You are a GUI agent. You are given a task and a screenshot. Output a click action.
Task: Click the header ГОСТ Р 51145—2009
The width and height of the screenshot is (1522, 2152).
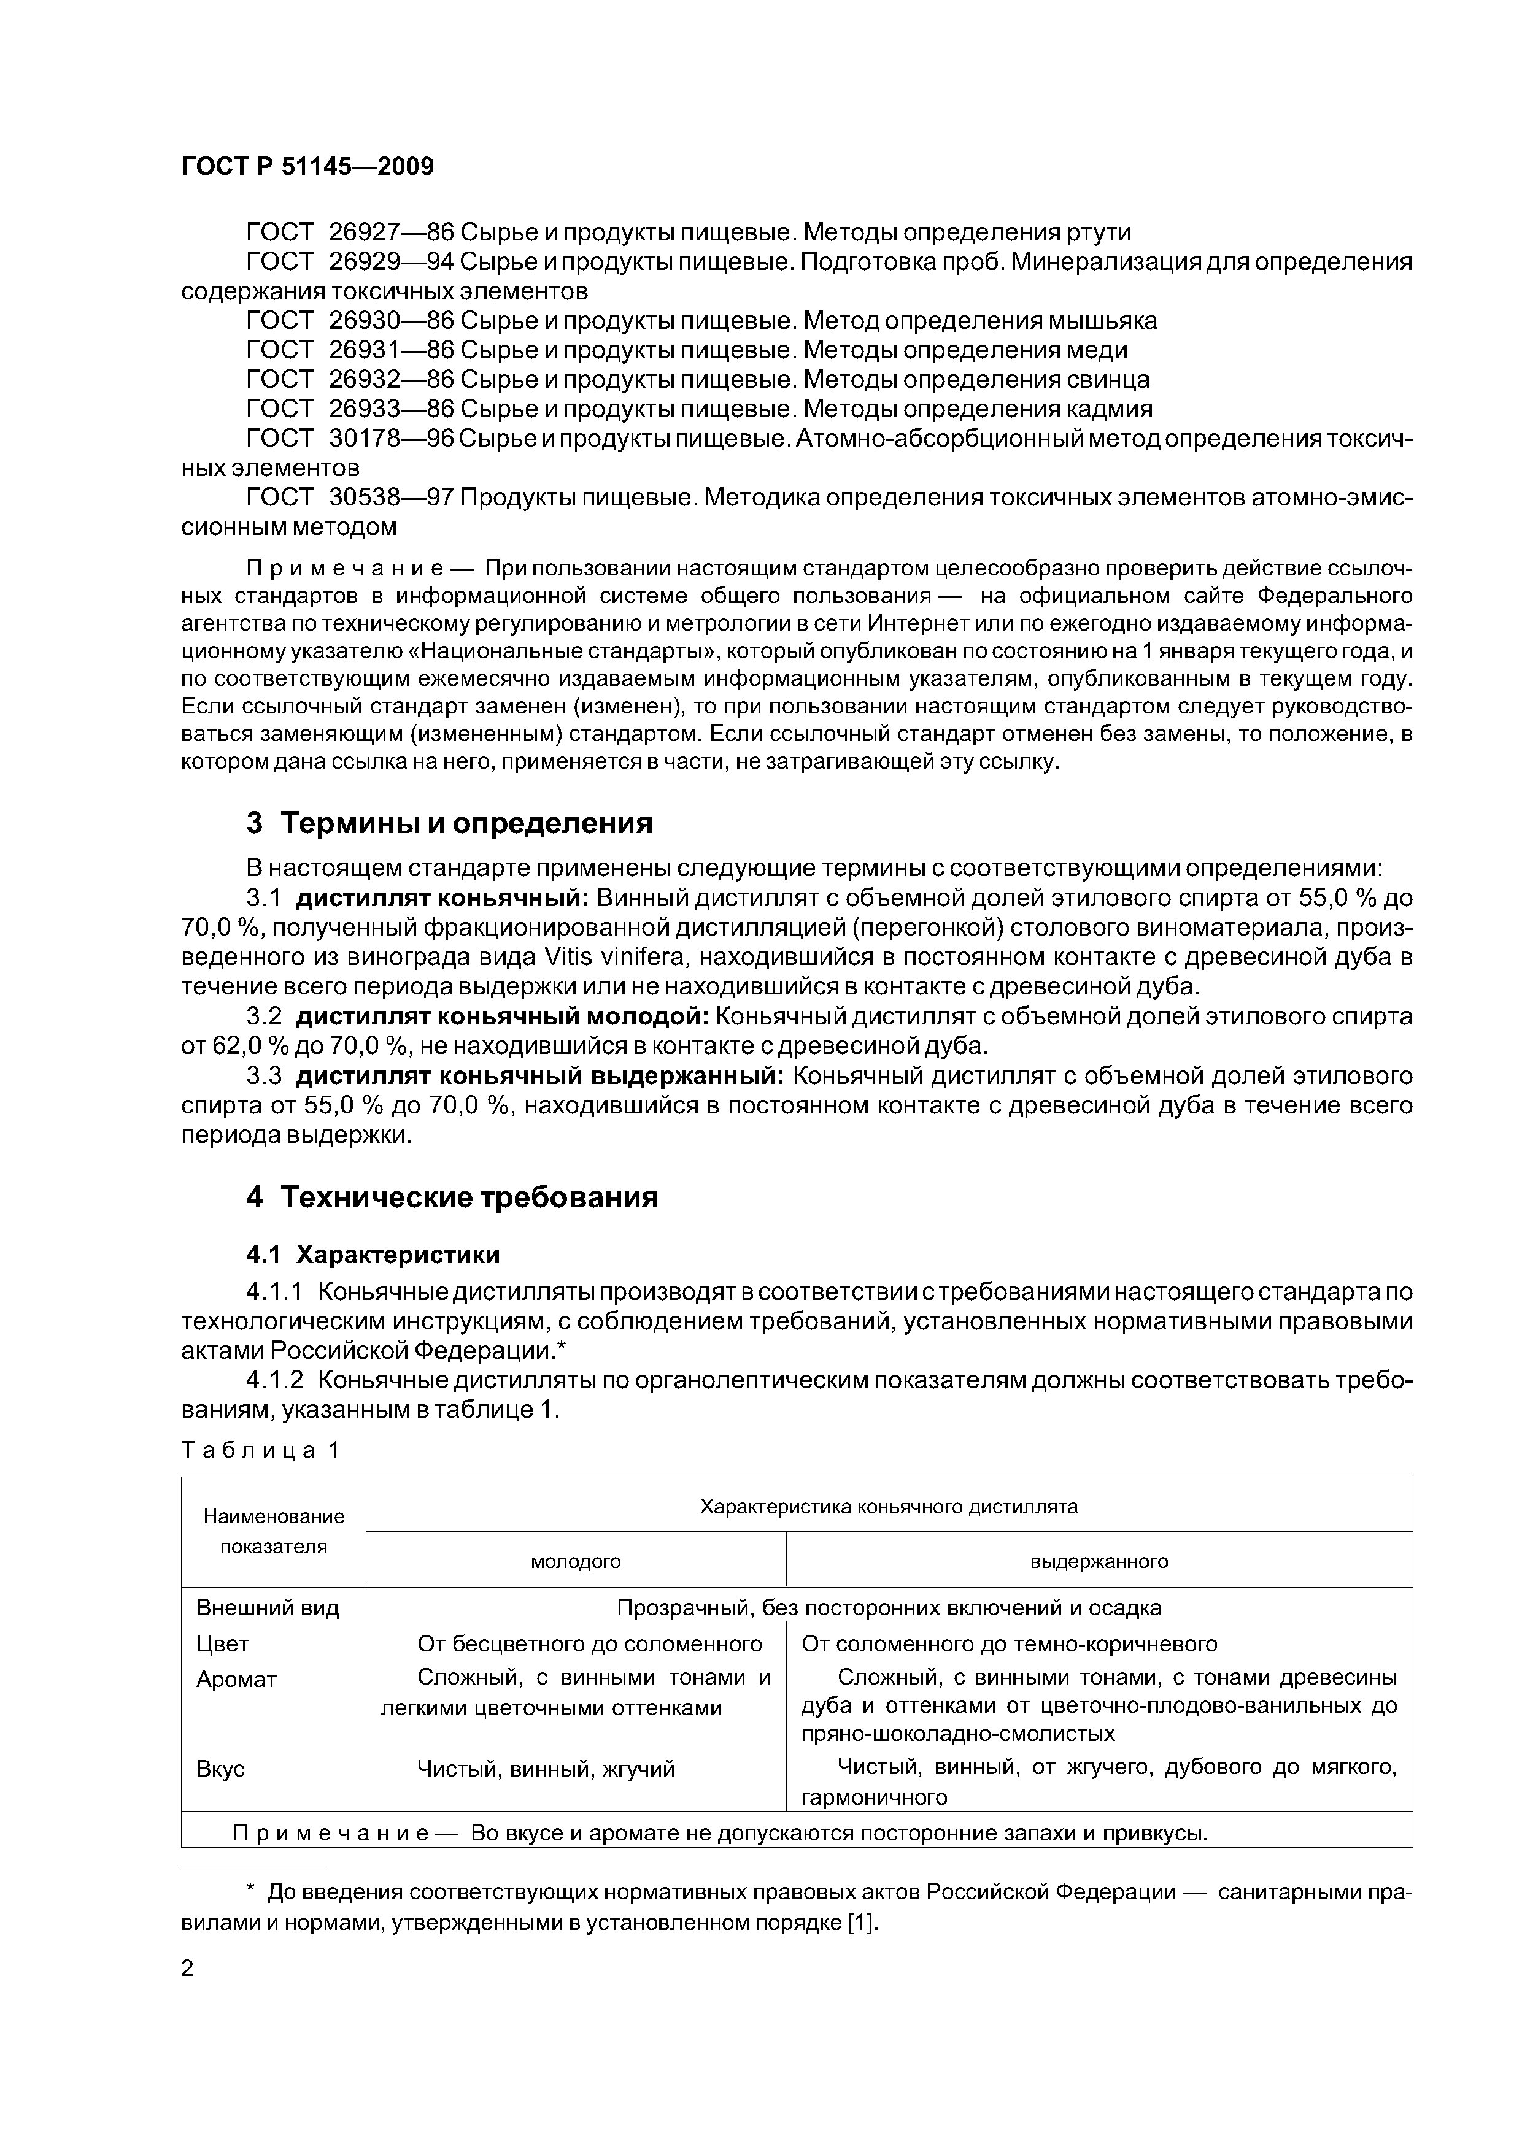[307, 167]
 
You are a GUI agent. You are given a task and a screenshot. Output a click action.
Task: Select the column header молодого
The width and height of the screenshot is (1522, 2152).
[576, 1561]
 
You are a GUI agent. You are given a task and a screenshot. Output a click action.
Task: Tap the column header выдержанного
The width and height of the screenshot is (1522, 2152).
[1099, 1561]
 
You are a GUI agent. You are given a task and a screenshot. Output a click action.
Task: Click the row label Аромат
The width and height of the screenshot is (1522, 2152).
[236, 1680]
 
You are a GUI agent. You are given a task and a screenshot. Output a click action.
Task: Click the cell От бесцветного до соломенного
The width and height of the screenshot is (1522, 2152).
[589, 1644]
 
